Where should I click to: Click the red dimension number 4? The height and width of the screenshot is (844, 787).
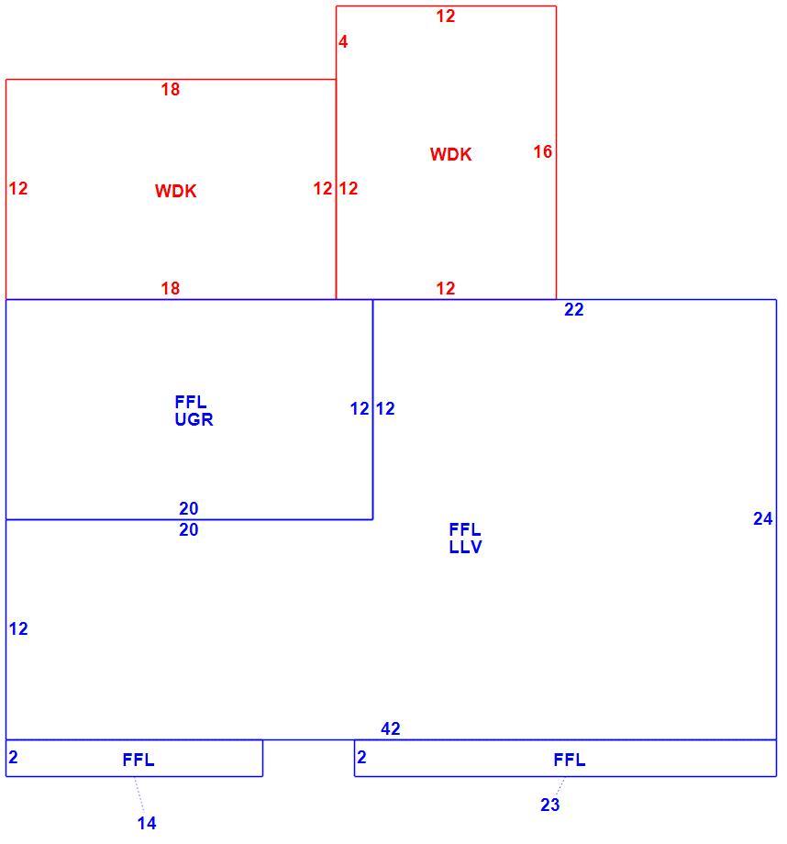point(343,41)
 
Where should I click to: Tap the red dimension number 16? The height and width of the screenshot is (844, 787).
point(543,151)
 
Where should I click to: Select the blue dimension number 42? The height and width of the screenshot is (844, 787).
point(390,728)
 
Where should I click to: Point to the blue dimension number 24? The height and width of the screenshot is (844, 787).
point(763,518)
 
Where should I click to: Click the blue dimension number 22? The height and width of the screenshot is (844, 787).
point(574,309)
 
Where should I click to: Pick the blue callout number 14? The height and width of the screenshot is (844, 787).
point(147,823)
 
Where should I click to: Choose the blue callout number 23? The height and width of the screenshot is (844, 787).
point(549,805)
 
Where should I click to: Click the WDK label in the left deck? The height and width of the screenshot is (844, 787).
point(175,191)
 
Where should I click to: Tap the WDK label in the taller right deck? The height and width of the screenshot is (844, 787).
point(450,154)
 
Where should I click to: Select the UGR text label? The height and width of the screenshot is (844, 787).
point(194,419)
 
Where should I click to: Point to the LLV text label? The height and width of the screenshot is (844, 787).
point(466,547)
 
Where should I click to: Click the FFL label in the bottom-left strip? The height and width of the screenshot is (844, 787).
point(139,760)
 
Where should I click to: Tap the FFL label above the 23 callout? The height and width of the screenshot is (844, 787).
point(570,760)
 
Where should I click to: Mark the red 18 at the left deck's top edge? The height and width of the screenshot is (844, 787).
point(170,89)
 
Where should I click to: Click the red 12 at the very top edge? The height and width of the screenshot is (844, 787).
point(446,17)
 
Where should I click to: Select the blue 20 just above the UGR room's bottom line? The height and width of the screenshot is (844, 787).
point(188,508)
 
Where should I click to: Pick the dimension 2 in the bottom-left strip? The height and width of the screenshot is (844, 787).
point(14,758)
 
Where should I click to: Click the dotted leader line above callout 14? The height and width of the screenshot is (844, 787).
point(139,794)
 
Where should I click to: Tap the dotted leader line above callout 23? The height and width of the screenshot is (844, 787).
point(560,786)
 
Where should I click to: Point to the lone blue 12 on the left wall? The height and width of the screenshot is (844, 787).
point(18,628)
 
